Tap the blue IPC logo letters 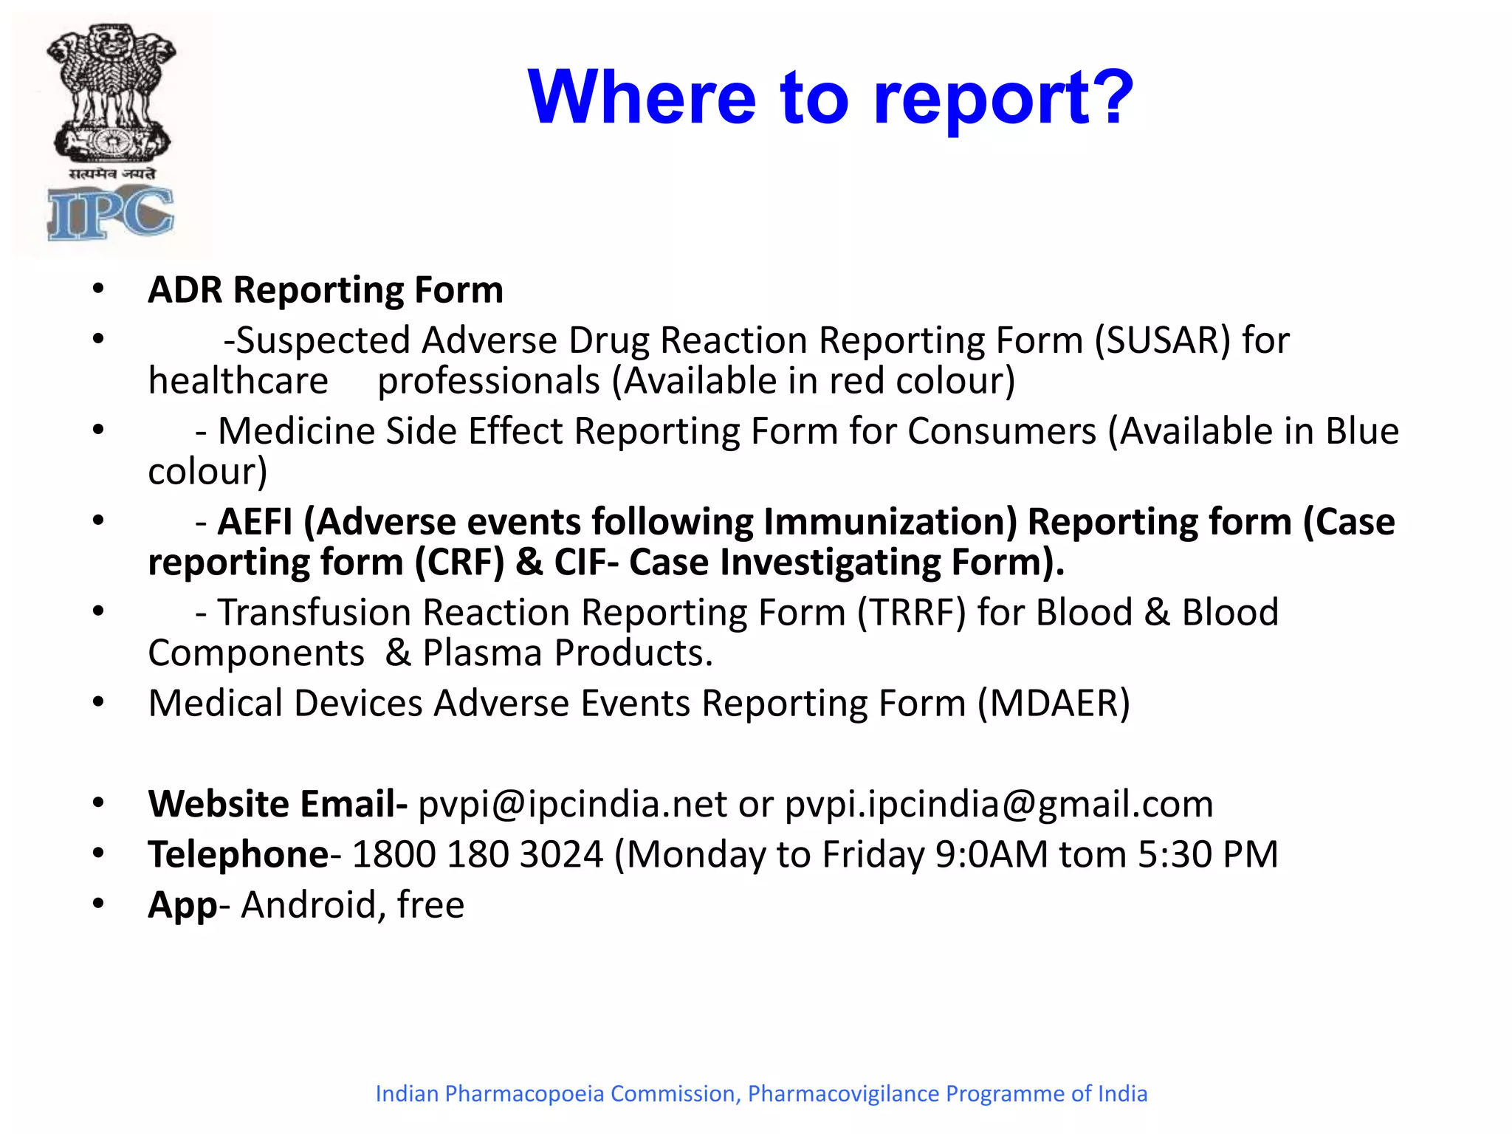pos(111,213)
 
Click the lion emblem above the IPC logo pos(111,92)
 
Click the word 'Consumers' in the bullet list pos(1001,431)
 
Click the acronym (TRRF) pos(911,613)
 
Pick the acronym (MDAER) pos(1054,704)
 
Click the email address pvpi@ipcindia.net pos(572,804)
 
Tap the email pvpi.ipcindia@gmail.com pos(998,804)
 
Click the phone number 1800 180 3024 pos(478,855)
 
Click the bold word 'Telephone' pos(238,855)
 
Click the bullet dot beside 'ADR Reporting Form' pos(98,289)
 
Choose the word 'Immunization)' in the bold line pos(890,522)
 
